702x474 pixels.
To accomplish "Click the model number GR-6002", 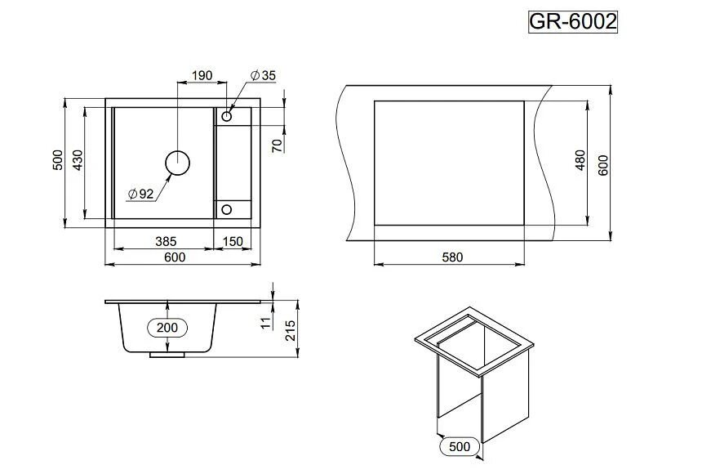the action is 573,22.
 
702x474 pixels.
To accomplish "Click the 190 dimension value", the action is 201,76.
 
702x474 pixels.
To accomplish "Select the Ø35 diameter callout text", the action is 263,76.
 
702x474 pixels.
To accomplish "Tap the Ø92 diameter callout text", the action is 140,194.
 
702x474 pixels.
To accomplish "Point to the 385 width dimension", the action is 166,242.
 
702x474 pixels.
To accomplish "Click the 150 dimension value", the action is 233,242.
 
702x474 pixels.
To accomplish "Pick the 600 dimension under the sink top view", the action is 175,257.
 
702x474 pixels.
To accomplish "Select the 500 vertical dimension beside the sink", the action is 57,160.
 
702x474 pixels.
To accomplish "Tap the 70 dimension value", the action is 278,146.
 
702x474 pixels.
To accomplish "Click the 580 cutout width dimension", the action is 452,257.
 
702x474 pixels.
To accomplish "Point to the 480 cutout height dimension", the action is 581,161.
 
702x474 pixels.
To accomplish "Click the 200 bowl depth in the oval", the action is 167,327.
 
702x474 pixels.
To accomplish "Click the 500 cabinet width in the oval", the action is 460,446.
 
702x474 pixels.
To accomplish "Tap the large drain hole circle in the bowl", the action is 177,163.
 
